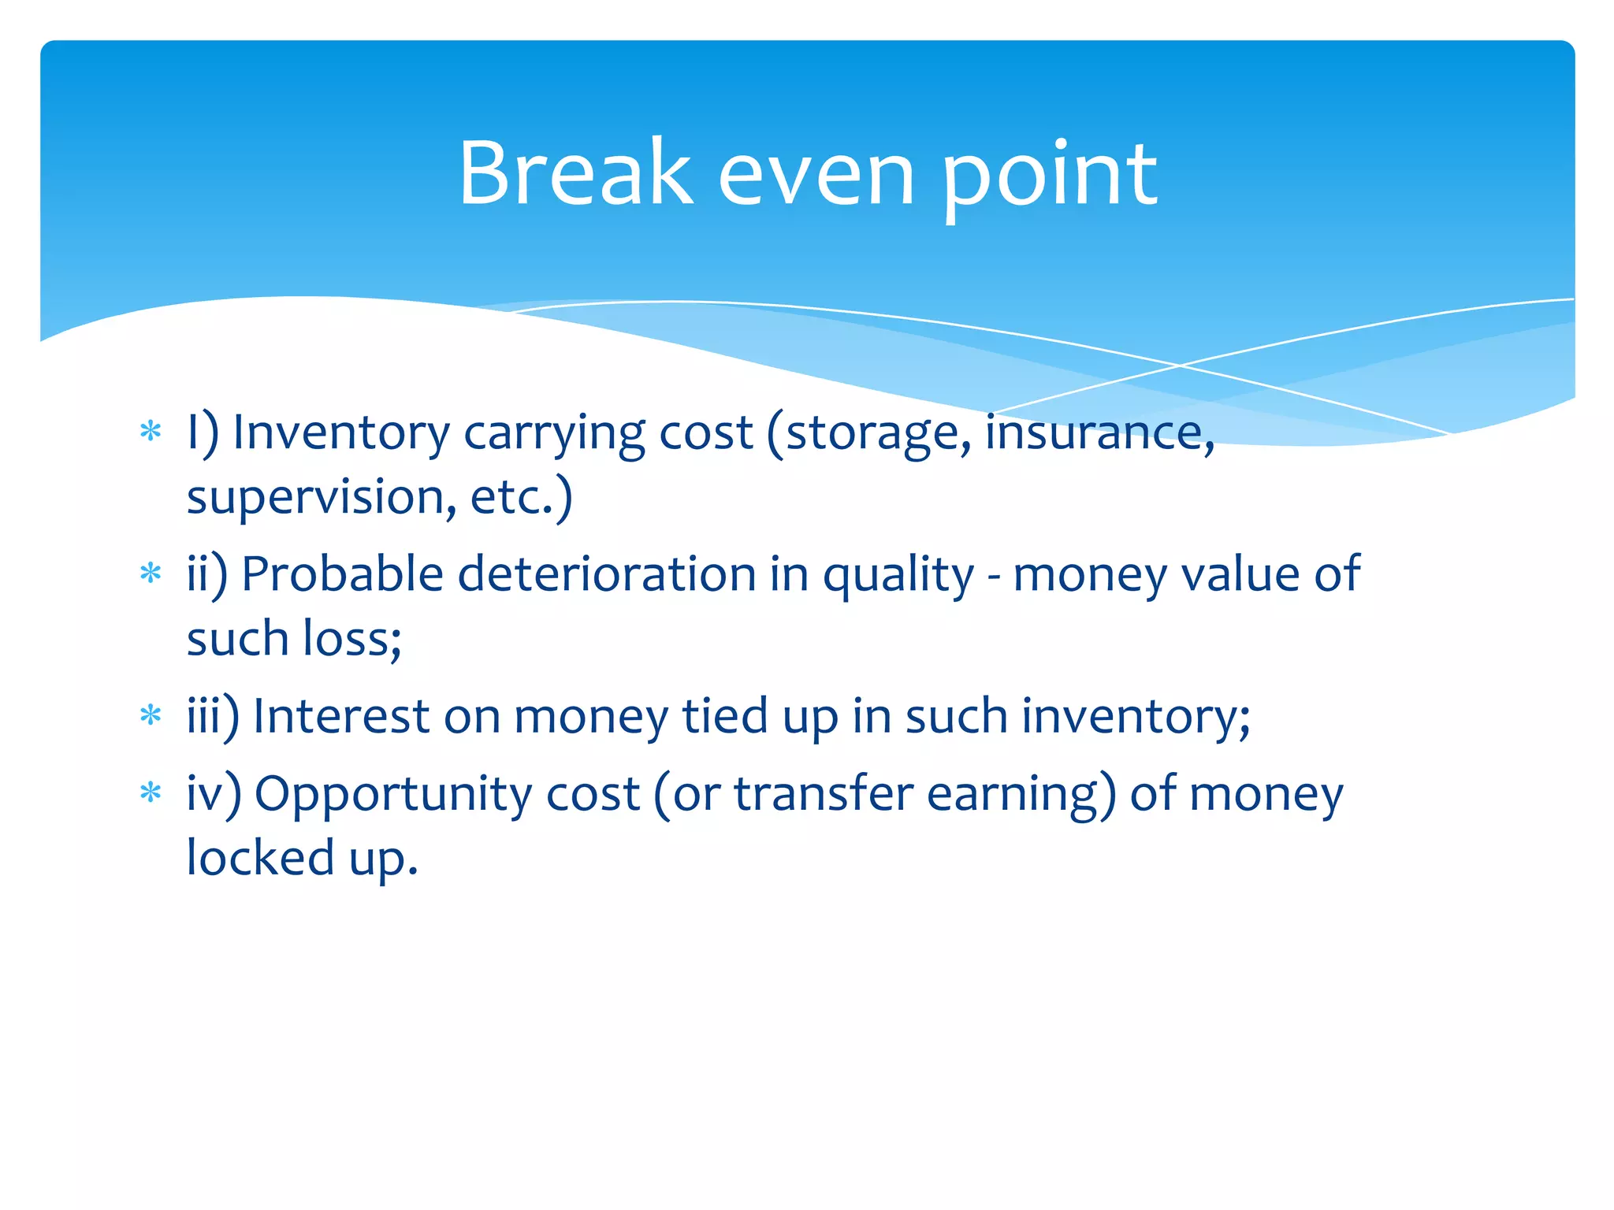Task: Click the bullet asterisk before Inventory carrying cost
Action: coord(150,432)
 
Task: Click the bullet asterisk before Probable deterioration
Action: coord(150,573)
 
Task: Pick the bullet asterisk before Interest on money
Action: coord(150,716)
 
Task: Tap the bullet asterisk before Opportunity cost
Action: coord(150,793)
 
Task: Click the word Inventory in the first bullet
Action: coord(341,434)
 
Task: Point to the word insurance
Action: coord(1099,434)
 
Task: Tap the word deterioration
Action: coord(607,574)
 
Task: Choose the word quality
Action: coord(898,576)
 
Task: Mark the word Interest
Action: coord(340,717)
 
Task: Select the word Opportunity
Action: coord(392,795)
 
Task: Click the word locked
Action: coord(260,858)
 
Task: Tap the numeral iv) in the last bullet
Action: coord(214,794)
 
